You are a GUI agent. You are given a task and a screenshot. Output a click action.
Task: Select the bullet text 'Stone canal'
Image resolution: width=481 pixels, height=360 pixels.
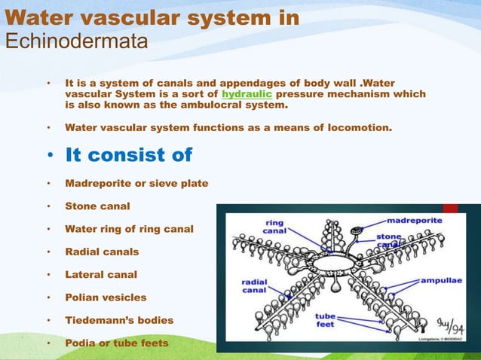[x=97, y=206]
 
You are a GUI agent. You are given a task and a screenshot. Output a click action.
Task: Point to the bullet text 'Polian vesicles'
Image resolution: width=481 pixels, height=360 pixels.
[x=106, y=297]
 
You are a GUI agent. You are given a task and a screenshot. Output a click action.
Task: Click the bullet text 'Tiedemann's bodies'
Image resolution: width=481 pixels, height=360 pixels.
[x=119, y=320]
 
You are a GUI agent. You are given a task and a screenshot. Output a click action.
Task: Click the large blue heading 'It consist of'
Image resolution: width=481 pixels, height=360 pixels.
[x=129, y=155]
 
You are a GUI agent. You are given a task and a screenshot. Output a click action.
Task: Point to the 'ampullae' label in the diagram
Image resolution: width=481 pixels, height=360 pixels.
[x=441, y=279]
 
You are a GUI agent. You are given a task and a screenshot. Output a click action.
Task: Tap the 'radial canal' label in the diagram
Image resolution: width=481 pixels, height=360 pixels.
[x=256, y=288]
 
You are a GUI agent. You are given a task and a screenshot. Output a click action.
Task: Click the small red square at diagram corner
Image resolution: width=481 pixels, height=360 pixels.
[x=449, y=208]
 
